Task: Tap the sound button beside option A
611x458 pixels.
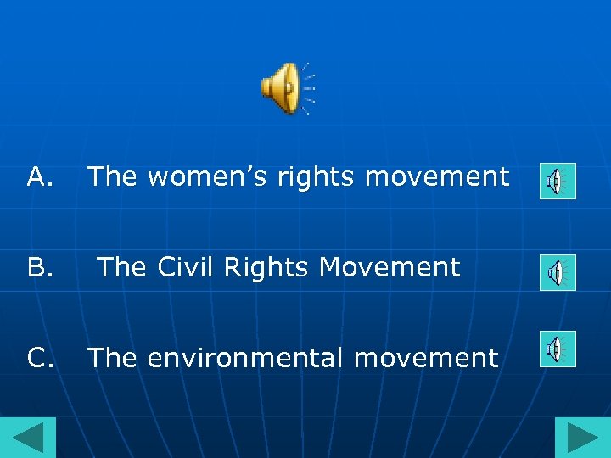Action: (x=558, y=181)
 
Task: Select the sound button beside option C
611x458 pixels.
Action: (x=558, y=349)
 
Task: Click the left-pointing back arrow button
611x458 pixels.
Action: (x=27, y=438)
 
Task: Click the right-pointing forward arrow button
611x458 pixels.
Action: (x=583, y=438)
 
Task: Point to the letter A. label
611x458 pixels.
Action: (x=41, y=176)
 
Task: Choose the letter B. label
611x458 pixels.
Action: (x=41, y=267)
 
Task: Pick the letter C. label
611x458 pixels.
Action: (x=41, y=358)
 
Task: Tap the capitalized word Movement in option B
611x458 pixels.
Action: (x=390, y=267)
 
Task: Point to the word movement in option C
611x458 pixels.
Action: (x=426, y=358)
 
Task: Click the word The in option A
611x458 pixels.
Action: (x=114, y=176)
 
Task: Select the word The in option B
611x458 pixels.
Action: (x=122, y=267)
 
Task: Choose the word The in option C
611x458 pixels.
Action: (x=114, y=358)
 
